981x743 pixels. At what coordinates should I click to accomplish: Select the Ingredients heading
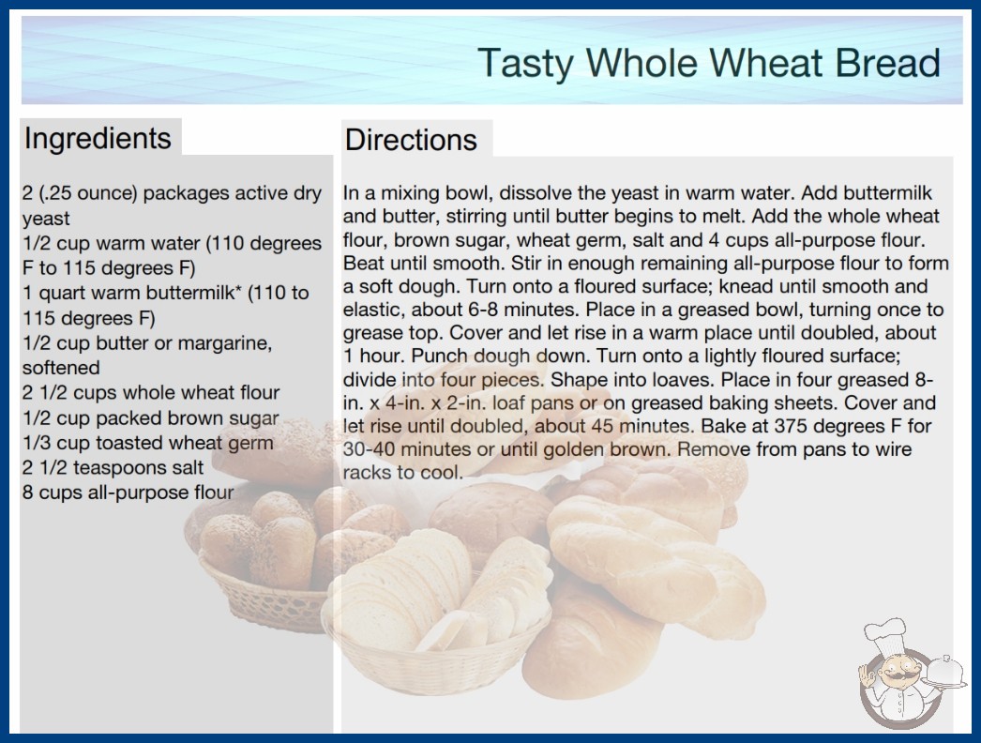(98, 139)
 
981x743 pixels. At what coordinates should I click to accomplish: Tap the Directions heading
(411, 140)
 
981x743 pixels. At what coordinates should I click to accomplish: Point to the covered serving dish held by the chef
(944, 672)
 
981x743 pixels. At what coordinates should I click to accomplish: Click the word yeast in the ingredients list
(46, 220)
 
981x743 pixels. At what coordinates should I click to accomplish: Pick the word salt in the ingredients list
(185, 467)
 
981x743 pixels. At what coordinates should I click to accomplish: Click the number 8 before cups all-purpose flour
(27, 493)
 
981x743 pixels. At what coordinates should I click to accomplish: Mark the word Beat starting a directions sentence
(364, 264)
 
